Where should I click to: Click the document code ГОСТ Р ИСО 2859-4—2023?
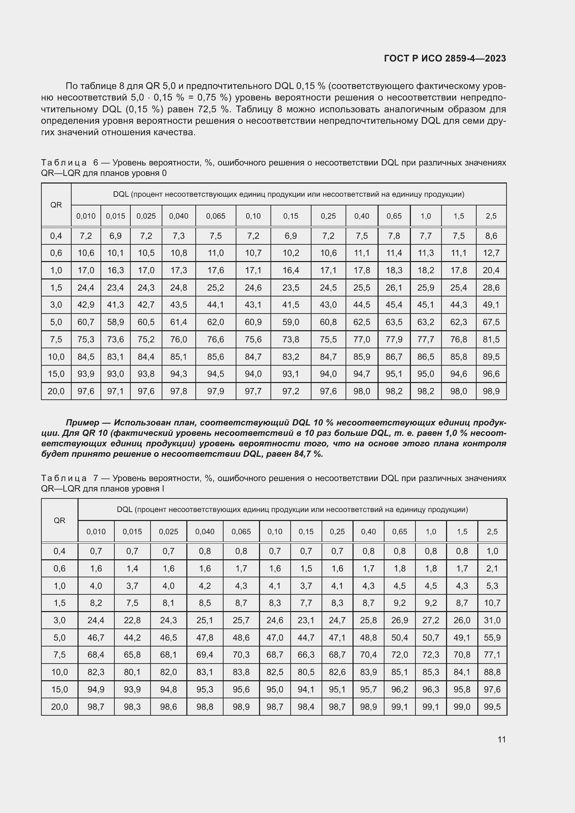pos(445,58)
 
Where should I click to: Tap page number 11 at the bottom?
pos(501,739)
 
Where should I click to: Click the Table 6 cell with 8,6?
pos(491,236)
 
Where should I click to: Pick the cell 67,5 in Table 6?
pos(491,322)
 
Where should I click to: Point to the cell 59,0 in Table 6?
pos(290,322)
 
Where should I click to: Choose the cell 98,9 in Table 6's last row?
pos(491,391)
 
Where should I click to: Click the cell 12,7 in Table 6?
pos(491,253)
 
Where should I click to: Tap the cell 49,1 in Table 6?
pos(491,305)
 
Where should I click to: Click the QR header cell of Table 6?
pos(56,205)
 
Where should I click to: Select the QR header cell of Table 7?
pos(59,521)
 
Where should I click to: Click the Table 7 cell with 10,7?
pos(492,603)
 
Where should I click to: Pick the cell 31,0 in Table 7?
pos(492,620)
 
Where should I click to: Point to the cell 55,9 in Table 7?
pos(492,638)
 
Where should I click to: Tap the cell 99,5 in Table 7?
pos(492,707)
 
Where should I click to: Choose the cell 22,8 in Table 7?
pos(132,620)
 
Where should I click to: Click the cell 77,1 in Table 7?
pos(492,655)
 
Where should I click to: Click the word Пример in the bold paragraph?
pos(82,423)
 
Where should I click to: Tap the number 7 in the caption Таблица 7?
pos(95,478)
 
